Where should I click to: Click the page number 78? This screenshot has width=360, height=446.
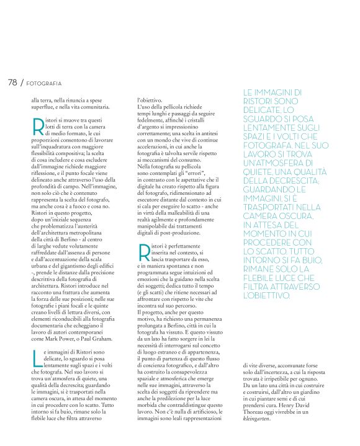[x=12, y=82]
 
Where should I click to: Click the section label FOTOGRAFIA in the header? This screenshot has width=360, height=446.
[x=44, y=83]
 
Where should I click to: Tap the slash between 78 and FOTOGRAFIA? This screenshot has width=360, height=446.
[x=23, y=83]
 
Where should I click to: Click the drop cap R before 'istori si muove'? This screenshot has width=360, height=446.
[x=37, y=125]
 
